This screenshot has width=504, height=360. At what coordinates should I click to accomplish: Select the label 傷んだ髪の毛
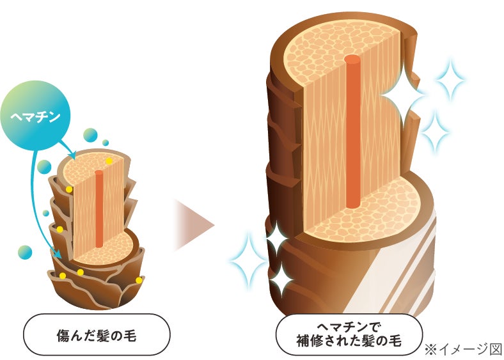click(x=96, y=334)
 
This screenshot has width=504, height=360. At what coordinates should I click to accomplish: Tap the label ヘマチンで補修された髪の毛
click(x=349, y=333)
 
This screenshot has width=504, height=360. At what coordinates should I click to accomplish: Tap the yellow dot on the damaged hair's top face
click(x=110, y=160)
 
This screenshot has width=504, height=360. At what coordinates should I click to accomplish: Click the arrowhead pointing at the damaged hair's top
click(x=73, y=155)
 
